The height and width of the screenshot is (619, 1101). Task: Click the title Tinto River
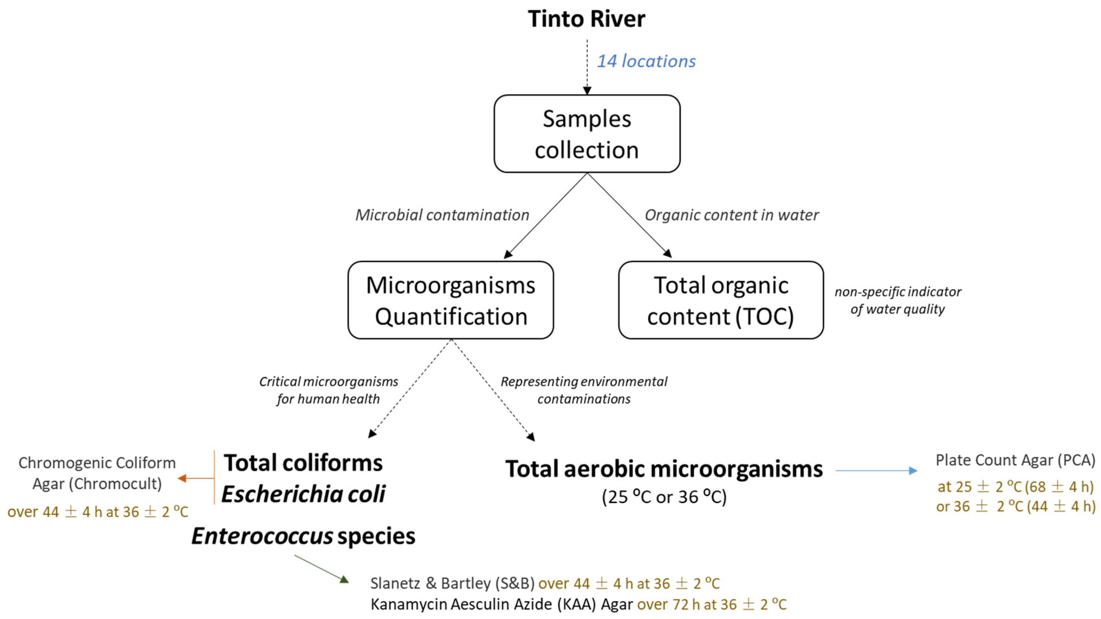586,19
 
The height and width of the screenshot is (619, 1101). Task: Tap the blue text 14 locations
646,61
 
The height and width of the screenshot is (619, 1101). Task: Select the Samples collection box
586,134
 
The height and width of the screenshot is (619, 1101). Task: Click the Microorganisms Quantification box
450,300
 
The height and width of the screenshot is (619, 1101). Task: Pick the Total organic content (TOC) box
721,300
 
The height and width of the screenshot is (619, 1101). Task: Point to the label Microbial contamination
442,215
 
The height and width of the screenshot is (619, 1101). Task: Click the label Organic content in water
731,215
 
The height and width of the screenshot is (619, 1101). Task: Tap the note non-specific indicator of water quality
897,300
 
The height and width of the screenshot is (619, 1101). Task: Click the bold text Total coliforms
303,463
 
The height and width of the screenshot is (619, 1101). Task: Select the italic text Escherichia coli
303,494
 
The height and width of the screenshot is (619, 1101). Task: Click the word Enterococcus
262,536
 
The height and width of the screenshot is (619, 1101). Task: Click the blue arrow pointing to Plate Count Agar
876,471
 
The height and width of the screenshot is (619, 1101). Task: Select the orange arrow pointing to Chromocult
195,478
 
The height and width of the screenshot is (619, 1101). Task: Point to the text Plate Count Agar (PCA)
1015,460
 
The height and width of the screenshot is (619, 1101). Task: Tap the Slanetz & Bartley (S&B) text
452,583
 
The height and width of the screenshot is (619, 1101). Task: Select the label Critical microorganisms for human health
328,390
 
